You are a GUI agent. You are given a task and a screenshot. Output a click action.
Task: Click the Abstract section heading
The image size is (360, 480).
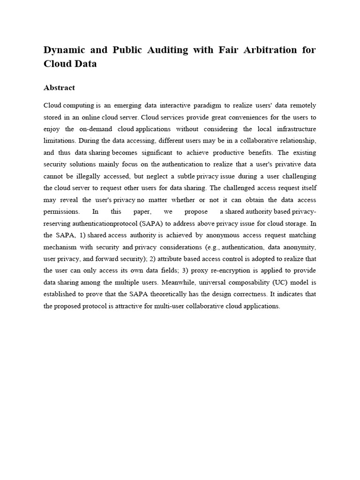click(59, 88)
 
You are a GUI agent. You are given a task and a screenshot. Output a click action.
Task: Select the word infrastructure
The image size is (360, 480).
click(292, 129)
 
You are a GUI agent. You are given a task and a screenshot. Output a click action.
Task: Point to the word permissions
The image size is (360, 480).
click(62, 212)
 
